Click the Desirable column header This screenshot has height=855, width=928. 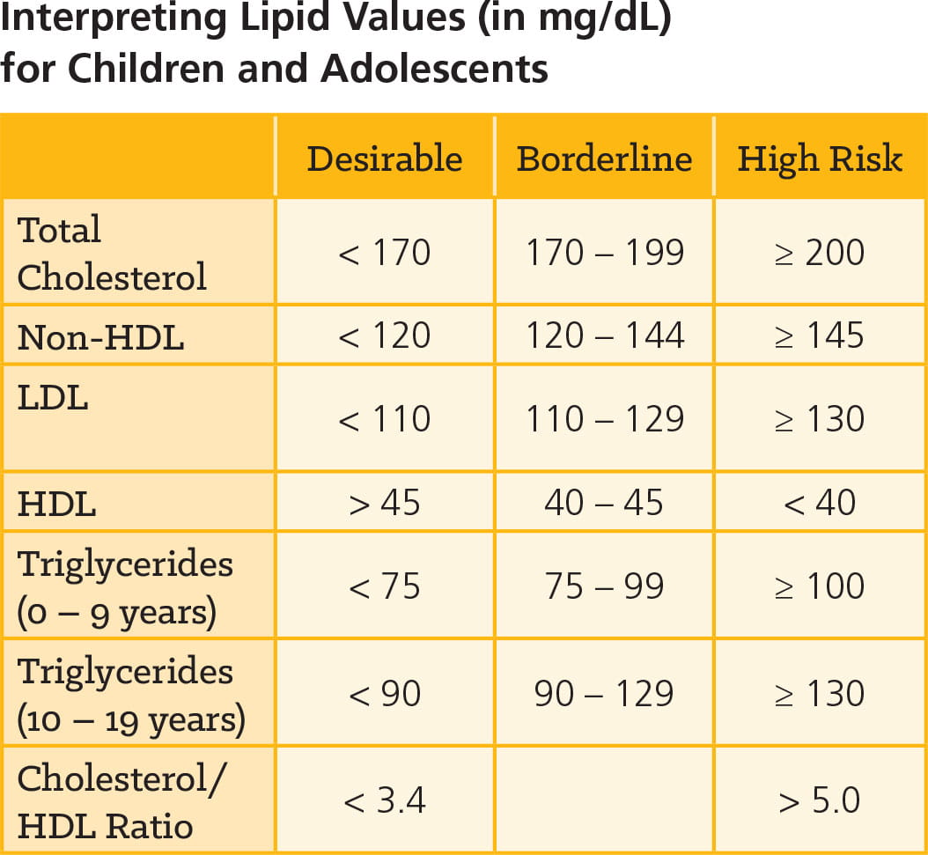click(x=384, y=158)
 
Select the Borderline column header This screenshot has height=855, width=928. click(x=604, y=158)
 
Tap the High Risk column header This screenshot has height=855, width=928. click(x=820, y=158)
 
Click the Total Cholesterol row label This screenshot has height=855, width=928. click(x=112, y=254)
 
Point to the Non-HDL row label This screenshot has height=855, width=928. click(x=100, y=337)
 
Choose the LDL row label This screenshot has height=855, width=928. click(x=53, y=398)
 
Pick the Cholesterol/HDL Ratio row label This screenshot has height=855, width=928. click(x=122, y=801)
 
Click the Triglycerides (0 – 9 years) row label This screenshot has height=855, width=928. click(x=125, y=587)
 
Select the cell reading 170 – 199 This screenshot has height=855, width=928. click(x=605, y=253)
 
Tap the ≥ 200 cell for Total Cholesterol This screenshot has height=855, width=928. click(x=820, y=253)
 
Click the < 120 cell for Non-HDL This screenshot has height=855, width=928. click(x=384, y=335)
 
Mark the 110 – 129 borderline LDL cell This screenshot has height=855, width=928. click(x=605, y=419)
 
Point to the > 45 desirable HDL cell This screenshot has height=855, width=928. click(x=384, y=503)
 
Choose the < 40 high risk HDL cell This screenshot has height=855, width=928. click(x=820, y=503)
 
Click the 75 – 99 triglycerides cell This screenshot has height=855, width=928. click(x=605, y=586)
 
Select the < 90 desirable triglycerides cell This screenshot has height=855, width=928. click(x=384, y=694)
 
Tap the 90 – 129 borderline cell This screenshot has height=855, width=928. click(x=605, y=694)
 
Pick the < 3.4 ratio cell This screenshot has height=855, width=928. click(x=384, y=801)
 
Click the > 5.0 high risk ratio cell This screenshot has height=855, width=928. click(x=820, y=801)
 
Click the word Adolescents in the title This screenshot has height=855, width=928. click(x=433, y=68)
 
